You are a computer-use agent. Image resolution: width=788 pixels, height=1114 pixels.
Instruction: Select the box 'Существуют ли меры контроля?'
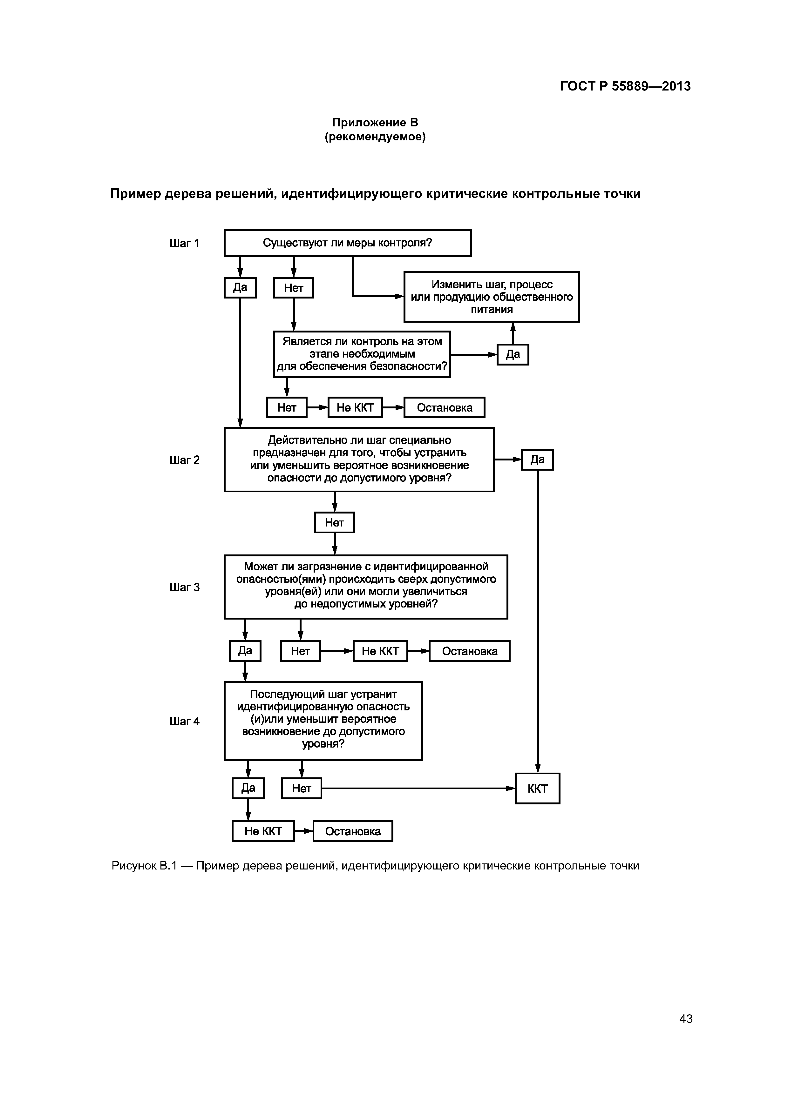coord(347,243)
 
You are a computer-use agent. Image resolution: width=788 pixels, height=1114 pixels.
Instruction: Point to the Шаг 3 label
coord(185,587)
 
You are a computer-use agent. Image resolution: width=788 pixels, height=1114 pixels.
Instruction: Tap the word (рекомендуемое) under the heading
coord(375,137)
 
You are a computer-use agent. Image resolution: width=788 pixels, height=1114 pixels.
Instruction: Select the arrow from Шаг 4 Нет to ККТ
coord(418,789)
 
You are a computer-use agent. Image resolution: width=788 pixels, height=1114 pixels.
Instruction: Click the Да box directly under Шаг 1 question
coord(240,288)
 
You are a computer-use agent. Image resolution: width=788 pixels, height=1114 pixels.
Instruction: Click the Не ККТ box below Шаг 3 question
coord(380,651)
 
